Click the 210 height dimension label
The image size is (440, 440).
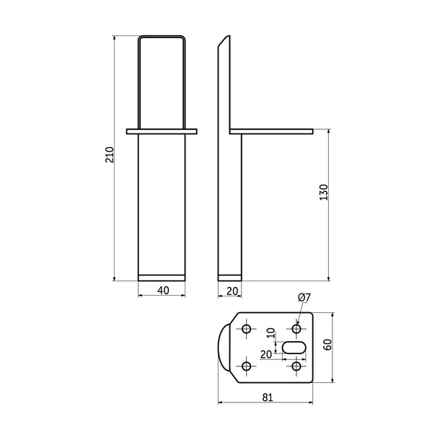[x=110, y=154]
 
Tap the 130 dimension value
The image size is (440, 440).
[x=324, y=192]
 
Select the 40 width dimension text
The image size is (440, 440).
[x=163, y=291]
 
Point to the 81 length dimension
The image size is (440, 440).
[x=268, y=397]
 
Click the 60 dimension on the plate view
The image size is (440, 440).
[x=327, y=345]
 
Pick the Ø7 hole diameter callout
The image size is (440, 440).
[x=304, y=297]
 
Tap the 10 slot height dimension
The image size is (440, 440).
[x=270, y=333]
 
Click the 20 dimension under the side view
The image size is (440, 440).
[x=232, y=291]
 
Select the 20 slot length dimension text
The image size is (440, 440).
[x=266, y=354]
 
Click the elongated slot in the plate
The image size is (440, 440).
[x=294, y=348]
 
